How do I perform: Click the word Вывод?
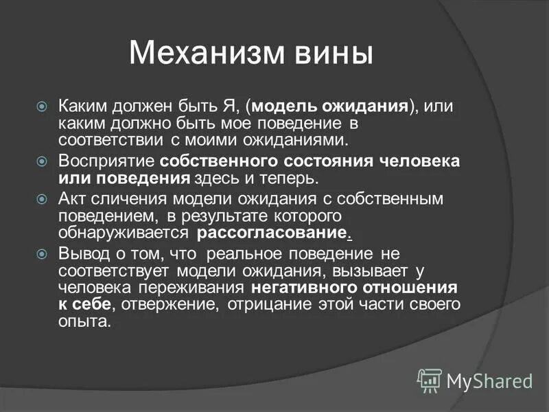[x=80, y=253]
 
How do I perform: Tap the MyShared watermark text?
[x=489, y=380]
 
